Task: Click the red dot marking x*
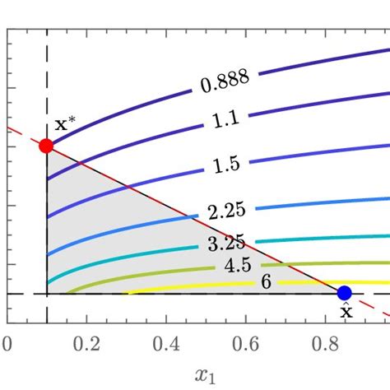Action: (x=46, y=146)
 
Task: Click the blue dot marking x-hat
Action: (x=345, y=293)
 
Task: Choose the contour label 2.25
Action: (x=226, y=211)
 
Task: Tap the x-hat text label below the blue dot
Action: (x=345, y=312)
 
